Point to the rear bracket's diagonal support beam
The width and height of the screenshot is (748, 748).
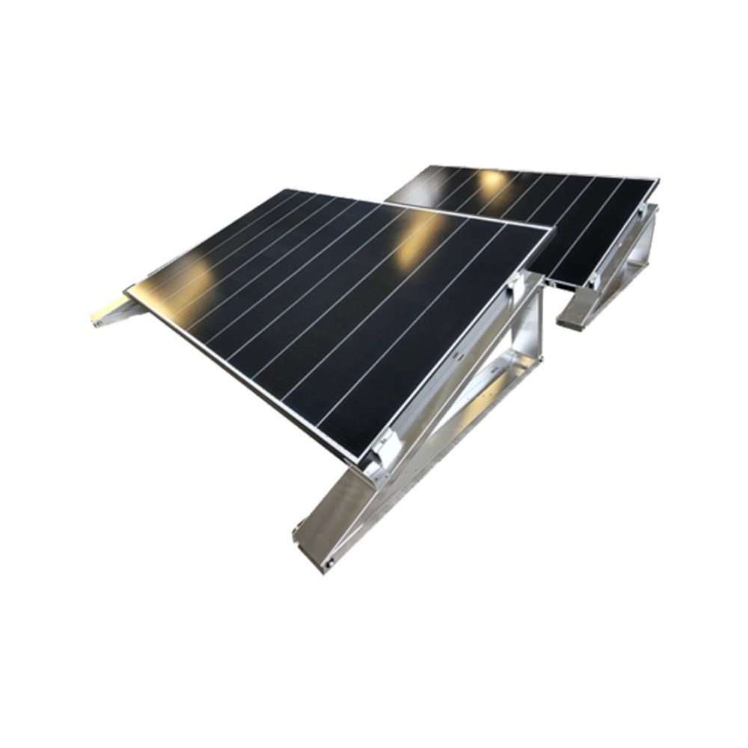click(625, 262)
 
